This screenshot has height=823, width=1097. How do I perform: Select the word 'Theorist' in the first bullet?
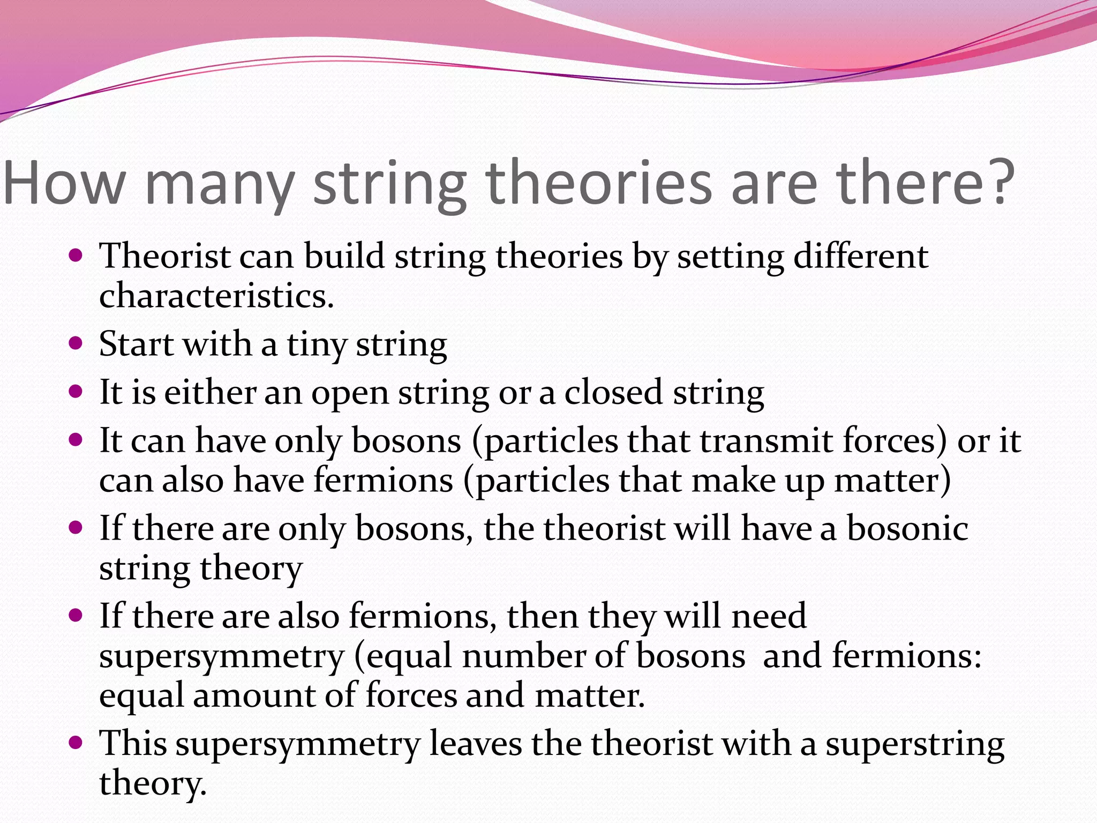pos(165,256)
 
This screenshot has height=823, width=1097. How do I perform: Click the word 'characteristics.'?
pos(216,296)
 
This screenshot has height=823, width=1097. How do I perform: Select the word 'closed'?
pos(613,392)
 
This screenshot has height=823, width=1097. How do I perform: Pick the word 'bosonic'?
pos(907,529)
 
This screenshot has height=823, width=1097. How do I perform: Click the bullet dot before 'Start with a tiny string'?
pos(76,343)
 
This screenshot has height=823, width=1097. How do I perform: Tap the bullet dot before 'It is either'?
pos(76,391)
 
